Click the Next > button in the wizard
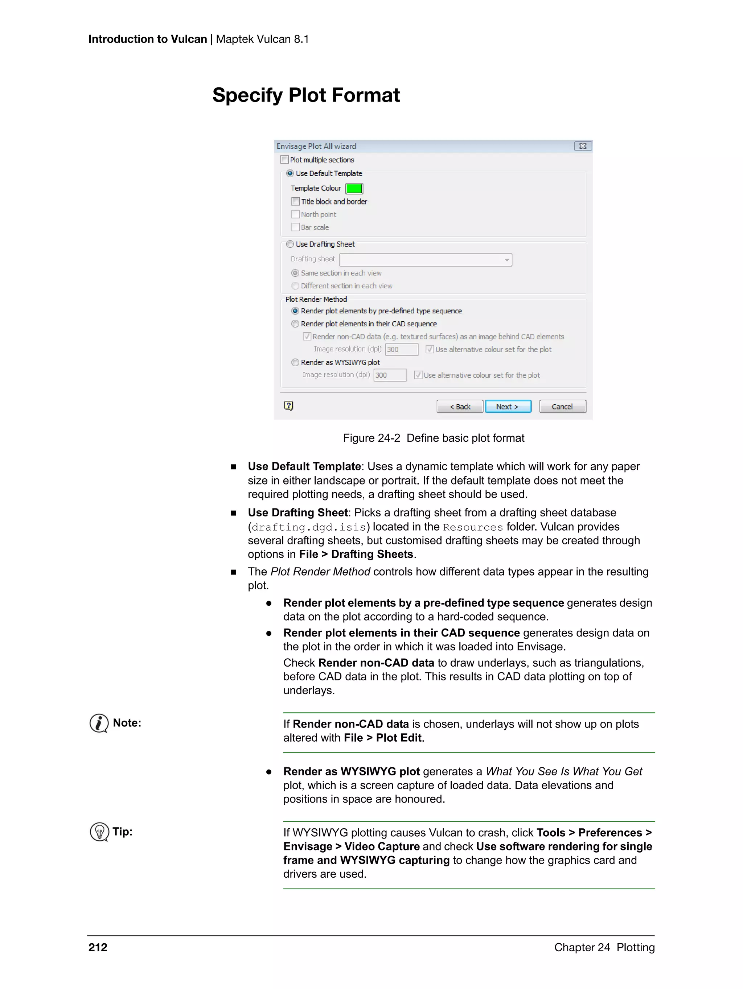click(x=508, y=407)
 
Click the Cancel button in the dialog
click(x=562, y=407)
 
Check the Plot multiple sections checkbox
click(x=284, y=160)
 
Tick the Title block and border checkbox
click(x=295, y=202)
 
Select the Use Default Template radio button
click(x=290, y=173)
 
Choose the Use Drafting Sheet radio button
click(x=290, y=244)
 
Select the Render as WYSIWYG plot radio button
click(x=295, y=362)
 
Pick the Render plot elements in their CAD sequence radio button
click(x=295, y=324)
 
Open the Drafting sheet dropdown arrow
click(x=506, y=260)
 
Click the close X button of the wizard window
click(x=582, y=146)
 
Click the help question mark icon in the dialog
click(x=288, y=406)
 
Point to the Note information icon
click(x=99, y=723)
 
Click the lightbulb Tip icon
click(x=99, y=832)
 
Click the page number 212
click(x=98, y=947)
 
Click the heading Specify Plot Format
click(x=306, y=95)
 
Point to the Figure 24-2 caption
click(x=434, y=438)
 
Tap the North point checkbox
click(x=295, y=215)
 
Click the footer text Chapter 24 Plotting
click(x=604, y=947)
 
